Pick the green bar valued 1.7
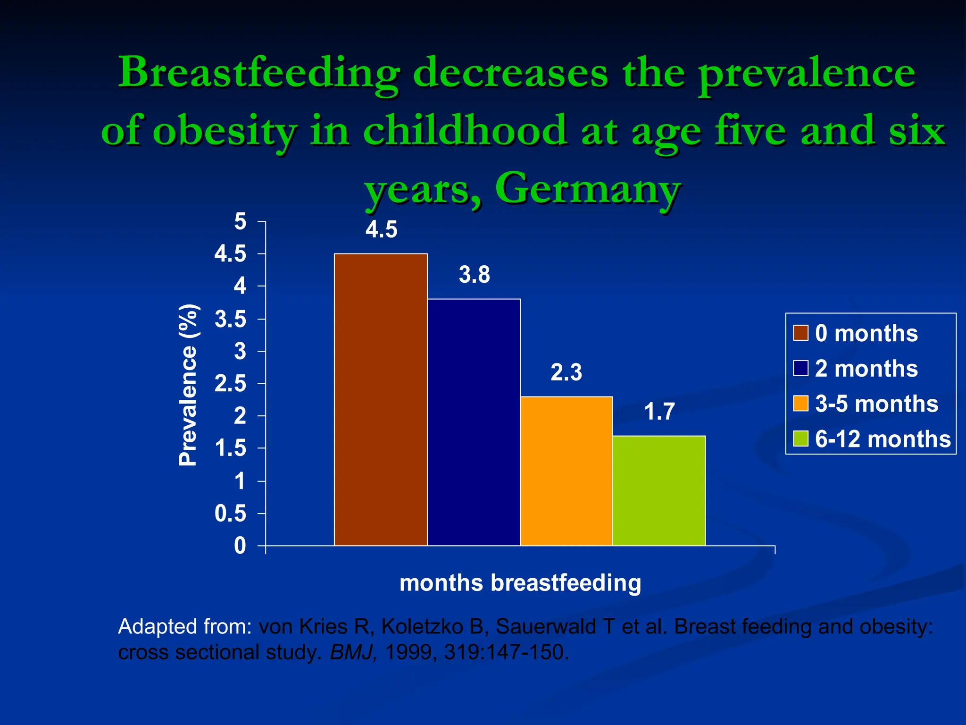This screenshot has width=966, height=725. point(659,490)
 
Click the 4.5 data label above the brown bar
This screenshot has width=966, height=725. point(381,230)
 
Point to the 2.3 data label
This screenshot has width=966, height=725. point(566,372)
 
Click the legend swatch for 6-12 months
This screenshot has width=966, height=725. point(800,438)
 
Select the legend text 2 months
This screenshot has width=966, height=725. point(866,369)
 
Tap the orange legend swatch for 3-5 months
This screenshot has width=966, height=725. point(800,404)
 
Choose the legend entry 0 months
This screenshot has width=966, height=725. point(866,333)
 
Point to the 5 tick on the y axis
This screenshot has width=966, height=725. point(240,221)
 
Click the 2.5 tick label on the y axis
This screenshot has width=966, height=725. point(230,384)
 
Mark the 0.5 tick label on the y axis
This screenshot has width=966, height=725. point(230,514)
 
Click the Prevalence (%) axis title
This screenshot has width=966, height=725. point(188,385)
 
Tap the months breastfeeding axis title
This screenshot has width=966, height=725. point(520,582)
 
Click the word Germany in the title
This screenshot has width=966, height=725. point(588,188)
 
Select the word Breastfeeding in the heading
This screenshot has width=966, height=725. point(258,73)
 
